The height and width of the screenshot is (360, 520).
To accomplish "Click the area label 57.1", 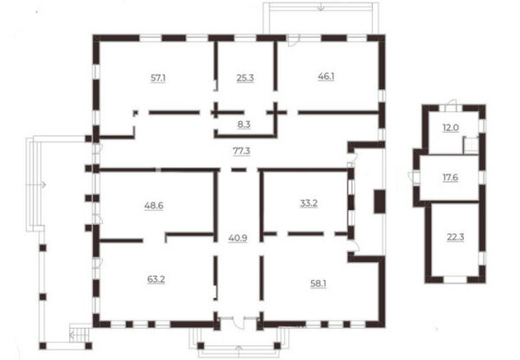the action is click(159, 78).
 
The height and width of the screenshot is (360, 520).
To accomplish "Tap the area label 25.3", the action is click(245, 78).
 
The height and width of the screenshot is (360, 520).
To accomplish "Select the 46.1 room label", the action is click(326, 76).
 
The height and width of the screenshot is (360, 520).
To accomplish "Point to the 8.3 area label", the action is click(244, 125).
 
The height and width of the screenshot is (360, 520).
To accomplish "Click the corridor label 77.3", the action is click(242, 151).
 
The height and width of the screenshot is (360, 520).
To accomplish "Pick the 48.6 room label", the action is click(154, 206).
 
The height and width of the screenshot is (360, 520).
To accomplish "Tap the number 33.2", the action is click(309, 203).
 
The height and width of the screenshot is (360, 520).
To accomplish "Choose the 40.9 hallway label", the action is click(238, 239).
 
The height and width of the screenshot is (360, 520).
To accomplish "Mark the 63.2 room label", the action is click(156, 279).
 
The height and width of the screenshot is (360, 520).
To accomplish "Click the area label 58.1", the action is click(318, 284).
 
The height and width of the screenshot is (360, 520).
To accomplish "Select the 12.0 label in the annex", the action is click(451, 128).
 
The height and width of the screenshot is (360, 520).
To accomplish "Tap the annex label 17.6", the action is click(451, 178).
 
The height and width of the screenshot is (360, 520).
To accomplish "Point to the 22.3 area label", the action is click(456, 238).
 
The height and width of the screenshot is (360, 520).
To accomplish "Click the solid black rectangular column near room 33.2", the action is click(380, 201).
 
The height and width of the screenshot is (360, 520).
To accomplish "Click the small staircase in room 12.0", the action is click(471, 145).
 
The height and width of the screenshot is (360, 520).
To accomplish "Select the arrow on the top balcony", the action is click(321, 6).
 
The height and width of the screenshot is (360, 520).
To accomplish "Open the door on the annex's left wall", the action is click(413, 177).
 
